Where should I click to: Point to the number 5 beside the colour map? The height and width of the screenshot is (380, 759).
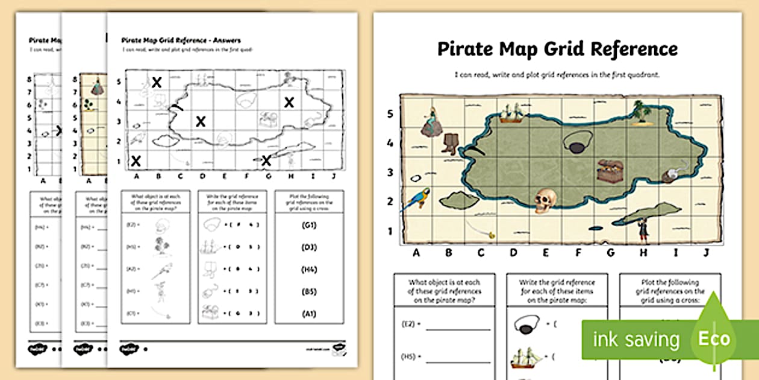pyautogui.click(x=390, y=114)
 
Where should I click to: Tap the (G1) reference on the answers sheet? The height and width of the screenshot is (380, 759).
pyautogui.click(x=308, y=226)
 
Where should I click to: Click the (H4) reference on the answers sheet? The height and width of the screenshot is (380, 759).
pyautogui.click(x=308, y=270)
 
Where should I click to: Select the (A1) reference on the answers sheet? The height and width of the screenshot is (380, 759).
pyautogui.click(x=308, y=314)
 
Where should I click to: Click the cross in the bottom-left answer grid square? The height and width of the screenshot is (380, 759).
pyautogui.click(x=137, y=160)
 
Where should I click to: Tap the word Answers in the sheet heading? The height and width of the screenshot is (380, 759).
pyautogui.click(x=224, y=40)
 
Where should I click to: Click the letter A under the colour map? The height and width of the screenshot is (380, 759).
pyautogui.click(x=416, y=253)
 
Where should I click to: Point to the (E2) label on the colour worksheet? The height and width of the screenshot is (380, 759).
pyautogui.click(x=410, y=324)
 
